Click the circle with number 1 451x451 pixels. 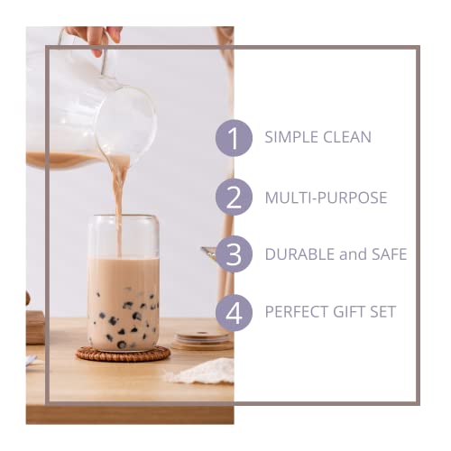[235, 139]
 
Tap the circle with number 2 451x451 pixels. [235, 197]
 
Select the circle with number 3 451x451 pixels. [235, 254]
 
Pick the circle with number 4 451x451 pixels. [235, 312]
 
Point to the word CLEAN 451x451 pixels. [346, 138]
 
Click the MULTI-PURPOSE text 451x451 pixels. [326, 197]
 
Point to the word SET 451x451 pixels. [382, 312]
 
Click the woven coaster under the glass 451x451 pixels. [123, 354]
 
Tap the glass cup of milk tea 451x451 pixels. [124, 289]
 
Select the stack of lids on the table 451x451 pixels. [202, 340]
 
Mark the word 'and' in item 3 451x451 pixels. [353, 254]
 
